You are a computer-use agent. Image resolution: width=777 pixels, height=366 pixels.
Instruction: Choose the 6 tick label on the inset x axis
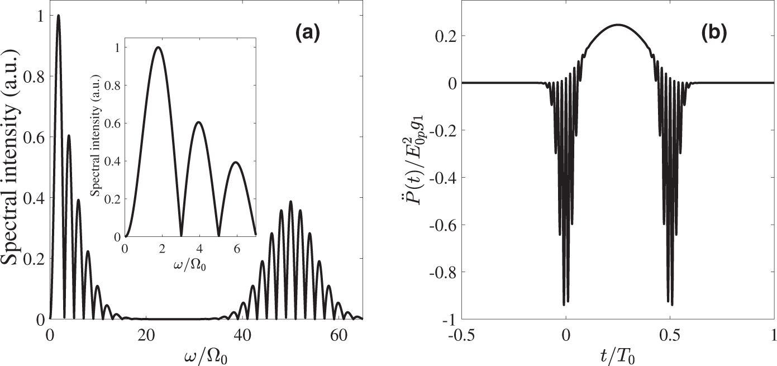click(237, 248)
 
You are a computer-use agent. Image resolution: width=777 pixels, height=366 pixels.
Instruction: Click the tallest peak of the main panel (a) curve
click(58, 16)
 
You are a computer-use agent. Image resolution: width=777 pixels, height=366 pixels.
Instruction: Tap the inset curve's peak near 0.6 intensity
click(198, 122)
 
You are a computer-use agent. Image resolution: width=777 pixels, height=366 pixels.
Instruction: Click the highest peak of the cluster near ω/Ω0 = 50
click(290, 202)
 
